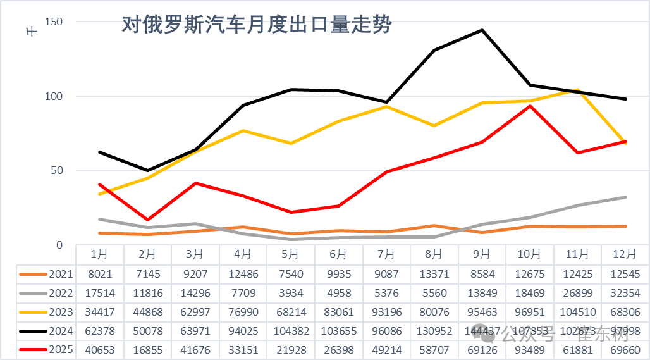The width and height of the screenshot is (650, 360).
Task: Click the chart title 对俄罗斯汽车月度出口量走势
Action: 256,25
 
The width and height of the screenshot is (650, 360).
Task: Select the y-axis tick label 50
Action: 57,171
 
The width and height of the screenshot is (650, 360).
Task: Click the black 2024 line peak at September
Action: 482,30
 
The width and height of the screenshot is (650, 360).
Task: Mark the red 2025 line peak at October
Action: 530,106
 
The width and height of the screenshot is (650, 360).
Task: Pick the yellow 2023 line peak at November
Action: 577,90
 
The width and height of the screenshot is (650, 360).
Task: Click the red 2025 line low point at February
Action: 147,220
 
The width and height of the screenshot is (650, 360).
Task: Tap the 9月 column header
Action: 482,254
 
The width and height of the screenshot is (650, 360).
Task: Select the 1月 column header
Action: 99,254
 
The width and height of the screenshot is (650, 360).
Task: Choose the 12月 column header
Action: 625,254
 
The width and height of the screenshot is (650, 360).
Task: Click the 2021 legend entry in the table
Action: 47,274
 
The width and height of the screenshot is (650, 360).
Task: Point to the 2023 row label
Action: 47,312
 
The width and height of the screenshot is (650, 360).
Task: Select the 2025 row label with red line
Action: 47,350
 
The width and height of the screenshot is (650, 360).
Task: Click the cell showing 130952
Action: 434,331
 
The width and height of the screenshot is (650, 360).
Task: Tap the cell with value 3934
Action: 290,293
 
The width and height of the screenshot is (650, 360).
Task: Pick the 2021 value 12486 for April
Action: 243,274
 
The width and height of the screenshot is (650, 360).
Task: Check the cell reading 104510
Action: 577,312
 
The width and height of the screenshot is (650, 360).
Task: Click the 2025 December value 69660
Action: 625,350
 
